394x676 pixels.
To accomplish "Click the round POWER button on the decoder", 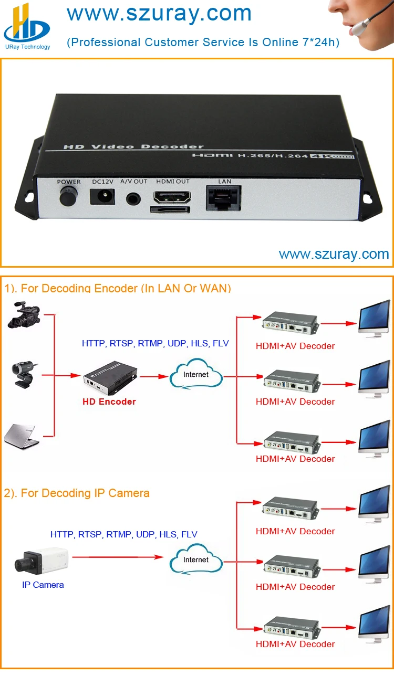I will click(x=67, y=197).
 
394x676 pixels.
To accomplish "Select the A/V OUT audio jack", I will click(x=133, y=199).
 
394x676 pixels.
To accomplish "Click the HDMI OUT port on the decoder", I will click(x=172, y=197).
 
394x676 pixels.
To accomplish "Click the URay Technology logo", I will click(x=26, y=26).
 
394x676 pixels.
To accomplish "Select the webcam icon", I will click(x=24, y=374).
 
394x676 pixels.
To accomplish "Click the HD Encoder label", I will click(x=109, y=402).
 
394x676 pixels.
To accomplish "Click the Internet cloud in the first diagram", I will click(x=196, y=374).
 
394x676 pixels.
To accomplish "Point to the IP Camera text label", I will click(x=43, y=585).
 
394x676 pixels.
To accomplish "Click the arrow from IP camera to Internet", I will click(x=118, y=557).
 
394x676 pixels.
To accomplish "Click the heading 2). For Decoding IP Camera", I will click(x=77, y=493).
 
